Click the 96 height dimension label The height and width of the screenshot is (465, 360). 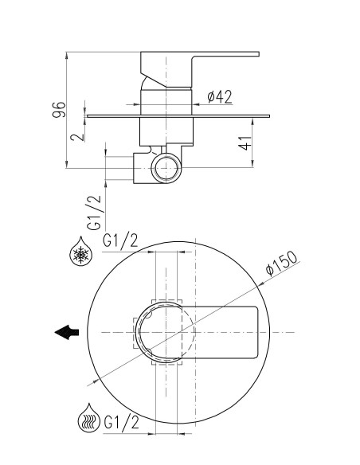[59, 110]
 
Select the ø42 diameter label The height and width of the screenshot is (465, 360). [220, 96]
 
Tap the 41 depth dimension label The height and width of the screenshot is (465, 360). [245, 143]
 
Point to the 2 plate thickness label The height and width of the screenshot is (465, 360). [76, 137]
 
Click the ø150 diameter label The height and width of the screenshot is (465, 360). [281, 264]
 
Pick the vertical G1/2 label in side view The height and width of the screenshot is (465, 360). [94, 213]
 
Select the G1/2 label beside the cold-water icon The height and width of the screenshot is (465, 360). [120, 240]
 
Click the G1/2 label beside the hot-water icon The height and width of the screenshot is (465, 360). [121, 422]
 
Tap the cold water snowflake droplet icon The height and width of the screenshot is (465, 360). [81, 252]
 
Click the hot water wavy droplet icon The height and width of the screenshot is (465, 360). [89, 418]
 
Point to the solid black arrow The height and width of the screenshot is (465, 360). [67, 332]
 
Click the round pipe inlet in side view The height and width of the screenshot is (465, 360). [166, 168]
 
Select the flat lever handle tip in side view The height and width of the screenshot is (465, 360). [255, 54]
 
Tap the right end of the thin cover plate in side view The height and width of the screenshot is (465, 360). [268, 116]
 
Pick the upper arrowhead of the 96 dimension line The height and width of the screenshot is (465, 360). [66, 55]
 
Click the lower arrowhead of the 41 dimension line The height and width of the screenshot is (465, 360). [252, 164]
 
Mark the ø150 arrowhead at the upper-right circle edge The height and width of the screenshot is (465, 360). [260, 283]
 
